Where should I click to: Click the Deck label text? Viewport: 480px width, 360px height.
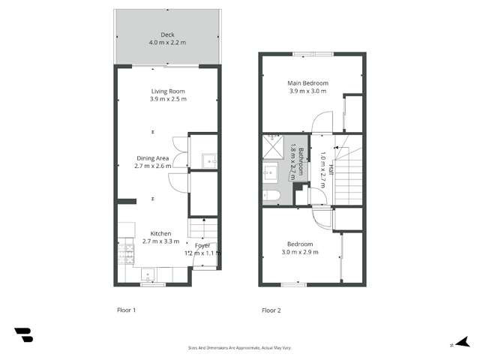167,34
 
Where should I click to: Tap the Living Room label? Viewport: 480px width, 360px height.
167,91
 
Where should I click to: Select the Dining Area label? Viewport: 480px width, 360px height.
152,157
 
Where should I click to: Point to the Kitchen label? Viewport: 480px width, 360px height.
161,233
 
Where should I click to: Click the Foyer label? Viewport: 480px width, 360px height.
202,246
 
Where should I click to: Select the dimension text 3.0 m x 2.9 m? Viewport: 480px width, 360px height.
300,253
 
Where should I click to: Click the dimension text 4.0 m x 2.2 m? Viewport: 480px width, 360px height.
167,43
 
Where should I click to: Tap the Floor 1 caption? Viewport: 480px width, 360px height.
126,310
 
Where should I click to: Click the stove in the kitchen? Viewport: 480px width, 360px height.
122,257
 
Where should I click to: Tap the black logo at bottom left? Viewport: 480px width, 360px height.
23,335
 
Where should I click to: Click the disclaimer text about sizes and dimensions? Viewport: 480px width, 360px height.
240,348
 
